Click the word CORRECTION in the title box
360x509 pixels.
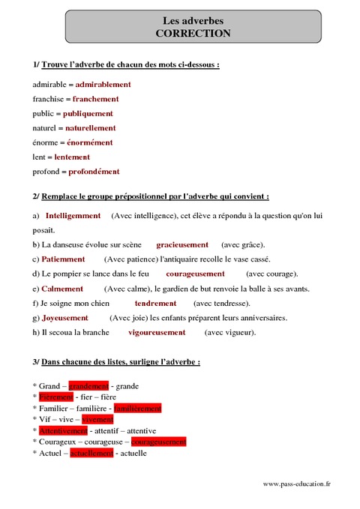(193, 34)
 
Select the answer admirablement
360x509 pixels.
(103, 85)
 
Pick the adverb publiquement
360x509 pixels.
(88, 114)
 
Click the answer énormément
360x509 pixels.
(90, 142)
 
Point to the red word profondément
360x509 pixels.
(94, 172)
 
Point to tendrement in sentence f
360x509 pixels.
(155, 304)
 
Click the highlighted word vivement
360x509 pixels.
(97, 420)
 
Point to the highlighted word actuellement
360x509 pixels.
(91, 454)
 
